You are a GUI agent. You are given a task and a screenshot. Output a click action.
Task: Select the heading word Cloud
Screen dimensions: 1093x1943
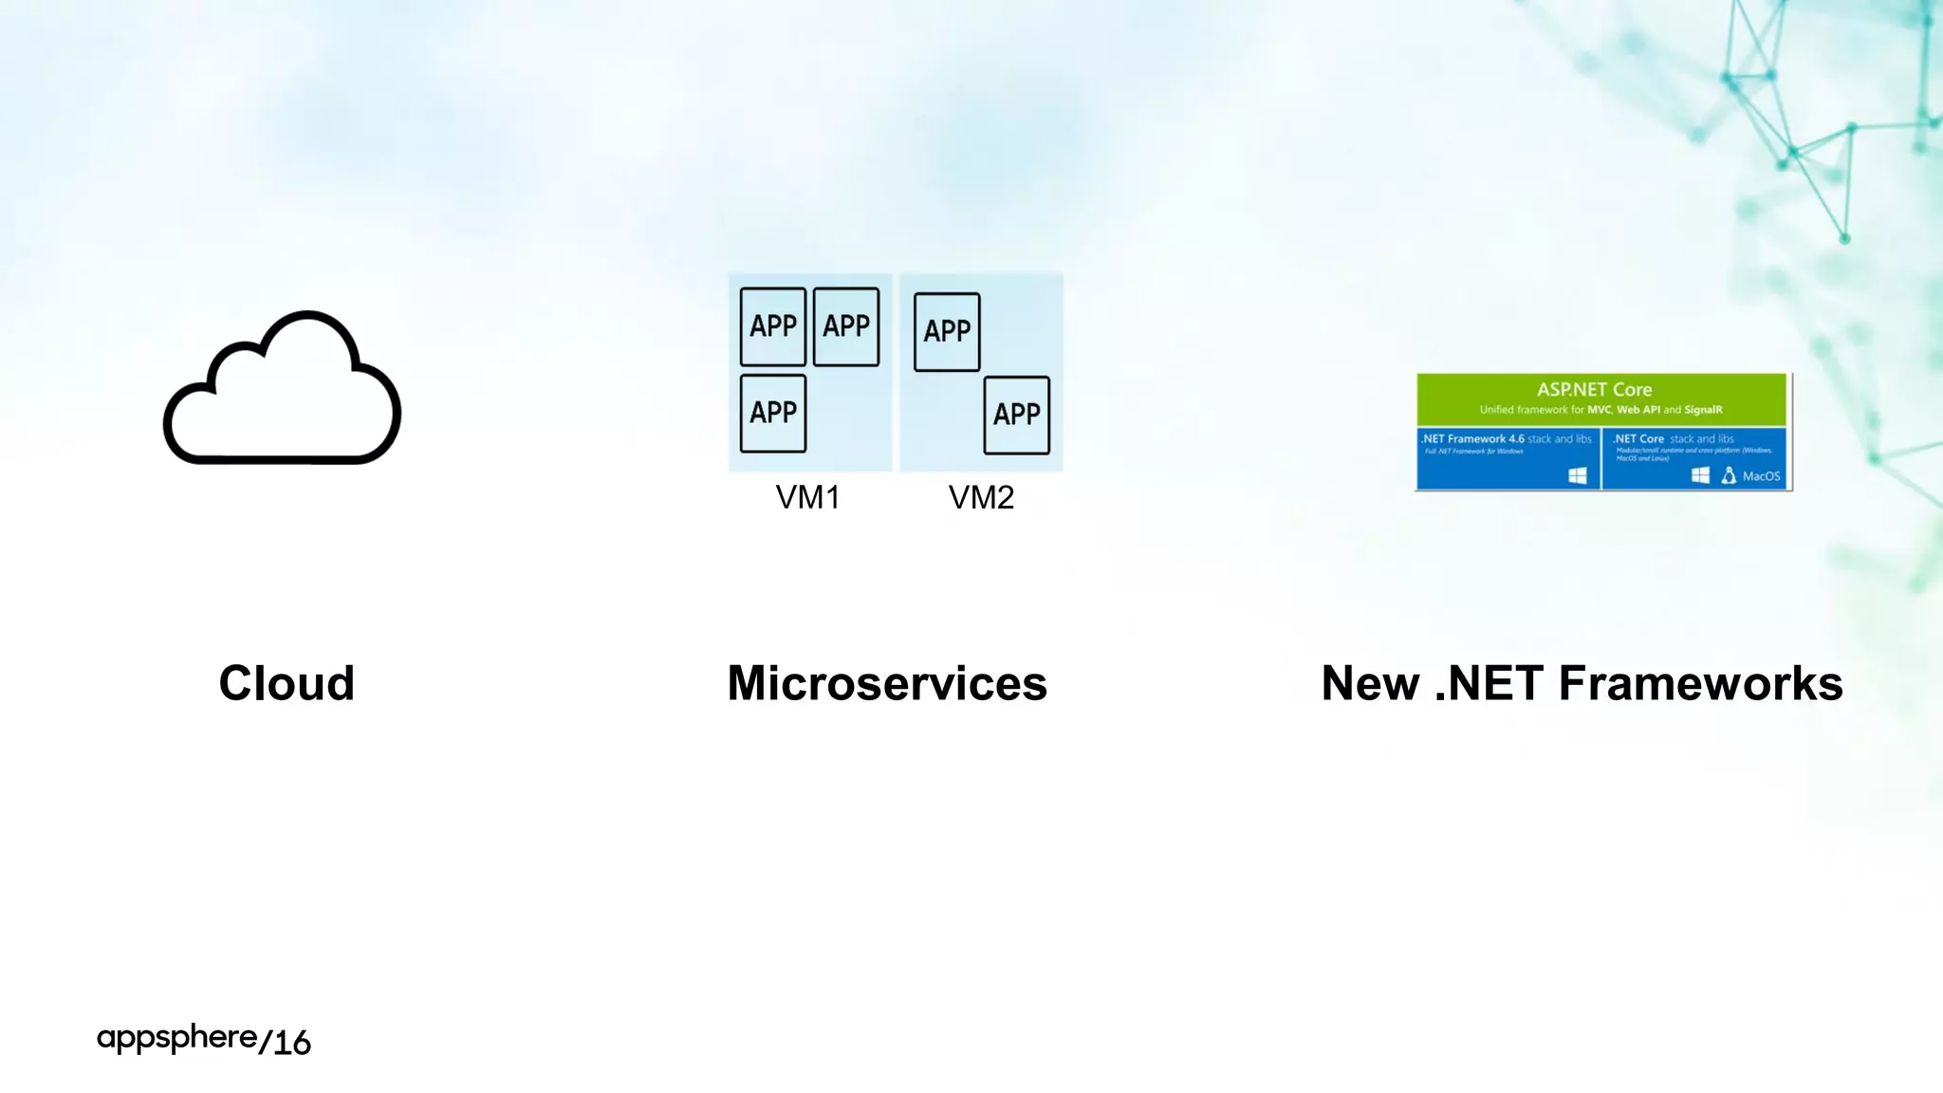pyautogui.click(x=287, y=683)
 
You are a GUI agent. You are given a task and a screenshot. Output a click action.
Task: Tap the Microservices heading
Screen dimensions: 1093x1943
pyautogui.click(x=887, y=683)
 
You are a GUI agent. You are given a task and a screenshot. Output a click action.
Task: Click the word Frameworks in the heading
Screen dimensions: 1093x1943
pyautogui.click(x=1700, y=683)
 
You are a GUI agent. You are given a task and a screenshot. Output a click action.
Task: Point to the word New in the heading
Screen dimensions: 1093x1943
pyautogui.click(x=1370, y=683)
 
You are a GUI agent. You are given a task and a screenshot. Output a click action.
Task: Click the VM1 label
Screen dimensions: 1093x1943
pyautogui.click(x=807, y=497)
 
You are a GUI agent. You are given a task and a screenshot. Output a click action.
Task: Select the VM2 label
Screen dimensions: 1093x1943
pyautogui.click(x=981, y=497)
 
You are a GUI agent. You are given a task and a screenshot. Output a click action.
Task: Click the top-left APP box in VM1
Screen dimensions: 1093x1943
pyautogui.click(x=773, y=326)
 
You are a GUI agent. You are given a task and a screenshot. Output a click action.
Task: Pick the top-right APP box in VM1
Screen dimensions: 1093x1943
pyautogui.click(x=846, y=326)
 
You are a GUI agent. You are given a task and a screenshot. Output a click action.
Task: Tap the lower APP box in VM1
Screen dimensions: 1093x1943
pyautogui.click(x=773, y=413)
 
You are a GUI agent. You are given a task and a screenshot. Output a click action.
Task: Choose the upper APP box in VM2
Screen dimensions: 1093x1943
pyautogui.click(x=947, y=331)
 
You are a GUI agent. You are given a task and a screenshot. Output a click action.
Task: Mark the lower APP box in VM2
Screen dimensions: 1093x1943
pyautogui.click(x=1017, y=415)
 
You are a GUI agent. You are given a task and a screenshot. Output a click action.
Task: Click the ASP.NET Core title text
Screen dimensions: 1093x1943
pyautogui.click(x=1594, y=390)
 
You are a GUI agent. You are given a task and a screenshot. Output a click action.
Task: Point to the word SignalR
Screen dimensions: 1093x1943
pyautogui.click(x=1703, y=410)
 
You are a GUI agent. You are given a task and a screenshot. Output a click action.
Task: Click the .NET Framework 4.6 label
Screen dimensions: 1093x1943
pyautogui.click(x=1472, y=439)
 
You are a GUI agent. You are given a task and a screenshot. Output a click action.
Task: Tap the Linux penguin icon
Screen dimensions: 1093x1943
pyautogui.click(x=1729, y=475)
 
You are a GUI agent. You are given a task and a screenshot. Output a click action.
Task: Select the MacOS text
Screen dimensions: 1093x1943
pyautogui.click(x=1761, y=476)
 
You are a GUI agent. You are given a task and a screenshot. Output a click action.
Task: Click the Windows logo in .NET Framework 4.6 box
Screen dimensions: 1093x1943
pyautogui.click(x=1577, y=475)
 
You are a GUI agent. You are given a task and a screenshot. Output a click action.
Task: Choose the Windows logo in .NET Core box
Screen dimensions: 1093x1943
pyautogui.click(x=1700, y=475)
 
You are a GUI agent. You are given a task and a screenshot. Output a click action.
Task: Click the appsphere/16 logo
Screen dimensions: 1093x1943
pyautogui.click(x=204, y=1040)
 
